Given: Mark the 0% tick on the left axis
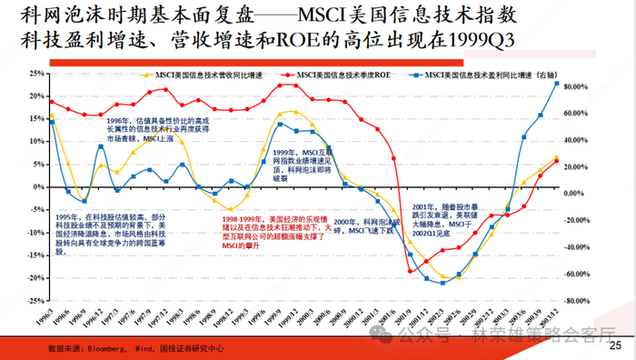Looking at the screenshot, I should tap(38, 187).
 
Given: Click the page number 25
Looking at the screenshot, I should tap(615, 345).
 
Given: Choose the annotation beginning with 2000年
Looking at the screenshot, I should tap(367, 226).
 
